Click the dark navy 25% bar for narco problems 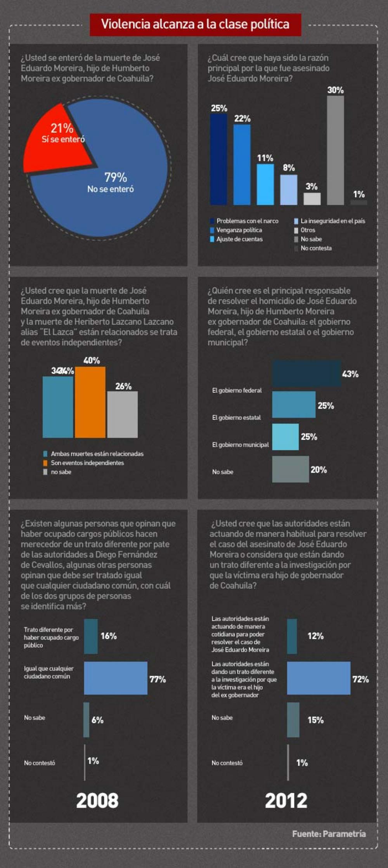pyautogui.click(x=218, y=159)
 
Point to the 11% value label pyautogui.click(x=265, y=158)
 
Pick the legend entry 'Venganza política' pyautogui.click(x=239, y=230)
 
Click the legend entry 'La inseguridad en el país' pyautogui.click(x=333, y=221)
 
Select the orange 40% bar pyautogui.click(x=90, y=402)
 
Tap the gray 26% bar pyautogui.click(x=122, y=414)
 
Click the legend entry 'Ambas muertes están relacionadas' pyautogui.click(x=97, y=454)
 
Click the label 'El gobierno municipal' pyautogui.click(x=240, y=445)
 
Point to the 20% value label pyautogui.click(x=319, y=470)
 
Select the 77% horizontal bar pyautogui.click(x=116, y=678)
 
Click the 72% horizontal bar pyautogui.click(x=319, y=678)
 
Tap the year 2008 pyautogui.click(x=97, y=800)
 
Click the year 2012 pyautogui.click(x=286, y=800)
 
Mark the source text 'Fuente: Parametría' pyautogui.click(x=329, y=834)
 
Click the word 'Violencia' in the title pyautogui.click(x=125, y=24)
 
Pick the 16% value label pyautogui.click(x=109, y=636)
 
